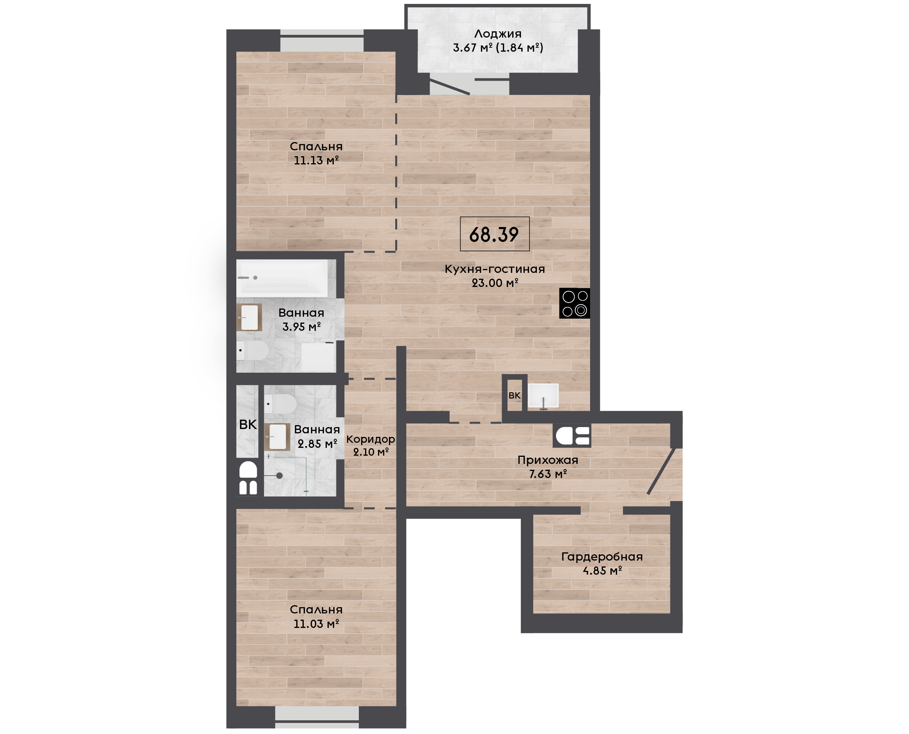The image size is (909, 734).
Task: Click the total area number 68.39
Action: point(493,234)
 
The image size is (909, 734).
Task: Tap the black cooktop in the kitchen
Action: point(574,303)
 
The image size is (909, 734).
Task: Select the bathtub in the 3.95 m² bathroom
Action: point(282,278)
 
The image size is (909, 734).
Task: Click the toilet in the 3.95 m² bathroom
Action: point(252,350)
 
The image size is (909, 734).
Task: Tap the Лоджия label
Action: point(498,34)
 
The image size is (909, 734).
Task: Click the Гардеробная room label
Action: point(602,556)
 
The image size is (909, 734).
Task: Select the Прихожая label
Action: point(548,460)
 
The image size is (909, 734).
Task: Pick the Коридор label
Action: point(371,439)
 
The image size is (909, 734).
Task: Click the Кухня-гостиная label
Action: point(495,269)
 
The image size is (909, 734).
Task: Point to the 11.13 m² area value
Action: point(316,161)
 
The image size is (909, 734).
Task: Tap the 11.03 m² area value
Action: point(316,624)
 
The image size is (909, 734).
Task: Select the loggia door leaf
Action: point(450,84)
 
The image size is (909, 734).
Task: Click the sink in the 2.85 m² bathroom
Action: point(277,437)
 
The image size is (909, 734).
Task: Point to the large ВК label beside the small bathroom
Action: point(248,424)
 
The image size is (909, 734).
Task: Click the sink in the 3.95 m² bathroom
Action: point(249,317)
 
